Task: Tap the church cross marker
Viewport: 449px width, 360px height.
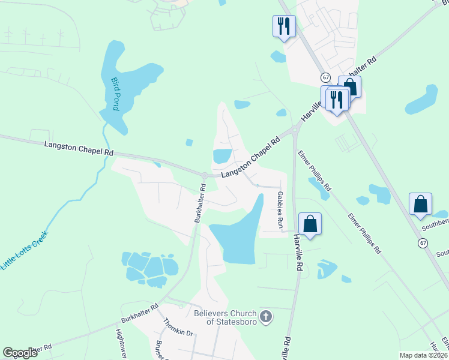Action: [x=267, y=316]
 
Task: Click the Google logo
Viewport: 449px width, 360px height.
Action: [x=20, y=353]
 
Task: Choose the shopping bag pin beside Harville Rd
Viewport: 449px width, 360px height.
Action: [x=310, y=224]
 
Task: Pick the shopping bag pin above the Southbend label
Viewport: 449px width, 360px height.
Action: [x=421, y=205]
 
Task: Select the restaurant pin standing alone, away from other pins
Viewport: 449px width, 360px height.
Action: [x=283, y=26]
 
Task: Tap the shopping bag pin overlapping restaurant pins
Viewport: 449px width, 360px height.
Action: [x=349, y=87]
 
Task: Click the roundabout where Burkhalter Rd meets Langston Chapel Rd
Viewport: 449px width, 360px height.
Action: [x=204, y=176]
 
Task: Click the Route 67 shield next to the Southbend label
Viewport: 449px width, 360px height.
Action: [x=424, y=242]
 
